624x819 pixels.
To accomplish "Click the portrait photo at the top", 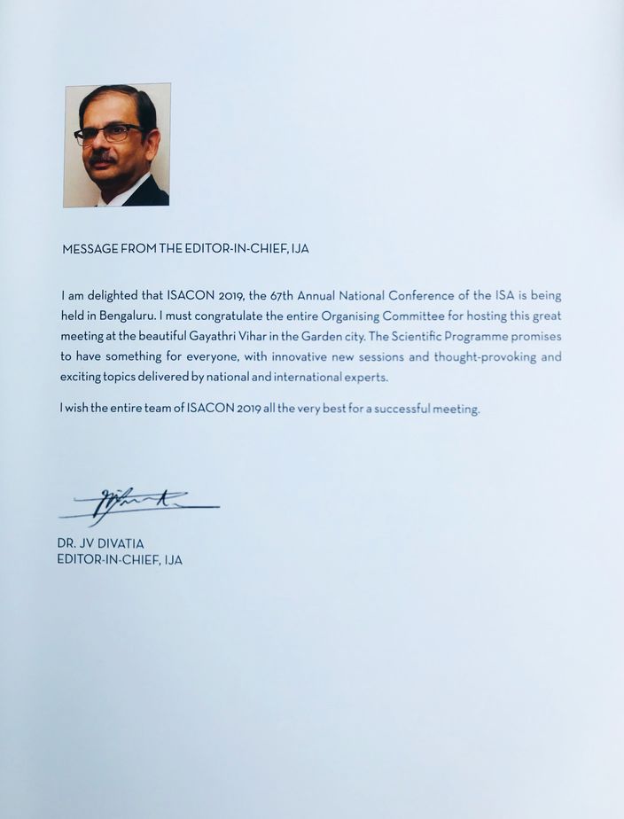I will (116, 145).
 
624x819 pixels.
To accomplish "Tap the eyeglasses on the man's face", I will (108, 134).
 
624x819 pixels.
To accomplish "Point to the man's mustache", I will (103, 157).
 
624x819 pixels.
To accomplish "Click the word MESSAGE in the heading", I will (90, 250).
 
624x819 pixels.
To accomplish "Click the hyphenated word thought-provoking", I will (483, 357).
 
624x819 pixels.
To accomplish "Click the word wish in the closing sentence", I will (79, 409).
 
